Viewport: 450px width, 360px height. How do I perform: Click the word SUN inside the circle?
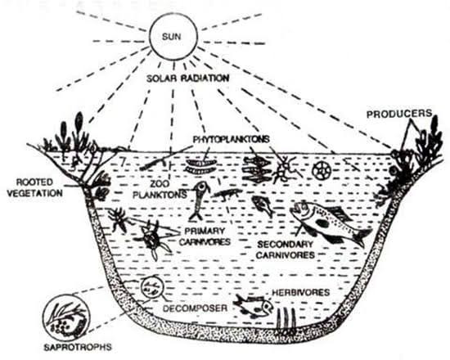pyautogui.click(x=172, y=37)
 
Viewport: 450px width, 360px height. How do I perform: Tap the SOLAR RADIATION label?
pyautogui.click(x=188, y=79)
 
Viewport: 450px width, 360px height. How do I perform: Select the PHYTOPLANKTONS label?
pyautogui.click(x=232, y=139)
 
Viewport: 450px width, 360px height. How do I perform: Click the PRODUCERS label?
pyautogui.click(x=399, y=114)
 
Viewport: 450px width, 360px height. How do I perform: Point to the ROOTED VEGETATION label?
pyautogui.click(x=34, y=187)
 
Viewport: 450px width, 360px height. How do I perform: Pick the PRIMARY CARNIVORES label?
pyautogui.click(x=205, y=236)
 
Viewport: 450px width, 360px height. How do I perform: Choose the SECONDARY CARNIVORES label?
pyautogui.click(x=286, y=250)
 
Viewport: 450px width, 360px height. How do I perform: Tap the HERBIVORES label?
pyautogui.click(x=301, y=293)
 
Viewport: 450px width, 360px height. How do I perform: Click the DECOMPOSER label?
pyautogui.click(x=196, y=308)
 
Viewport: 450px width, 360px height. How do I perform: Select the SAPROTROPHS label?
pyautogui.click(x=78, y=347)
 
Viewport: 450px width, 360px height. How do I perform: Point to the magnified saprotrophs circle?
pyautogui.click(x=66, y=317)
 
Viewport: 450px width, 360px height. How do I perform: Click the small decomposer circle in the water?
pyautogui.click(x=152, y=287)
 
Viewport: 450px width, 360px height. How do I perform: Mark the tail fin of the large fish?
pyautogui.click(x=362, y=237)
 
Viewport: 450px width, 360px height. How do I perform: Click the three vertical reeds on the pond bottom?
pyautogui.click(x=286, y=317)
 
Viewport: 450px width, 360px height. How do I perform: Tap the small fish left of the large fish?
pyautogui.click(x=263, y=206)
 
